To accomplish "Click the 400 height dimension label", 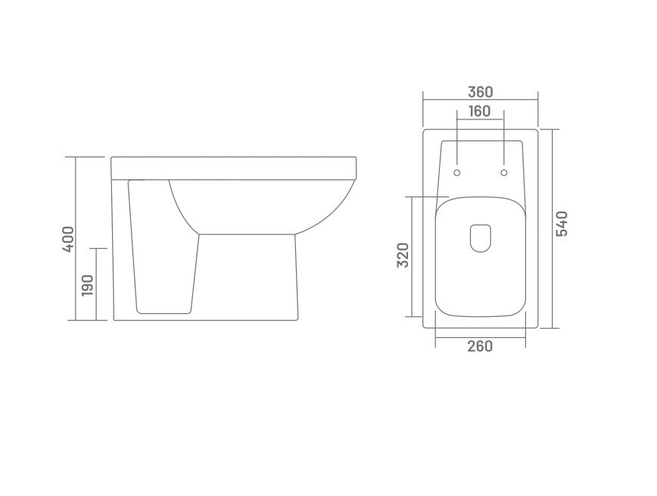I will click(69, 239).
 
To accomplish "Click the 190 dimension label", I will click(88, 285).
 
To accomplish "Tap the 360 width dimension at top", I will click(480, 91).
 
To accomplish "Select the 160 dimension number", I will click(479, 111).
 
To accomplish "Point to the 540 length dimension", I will click(562, 224).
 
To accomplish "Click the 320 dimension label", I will click(403, 255).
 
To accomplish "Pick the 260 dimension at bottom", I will click(480, 346).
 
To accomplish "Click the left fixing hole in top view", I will click(457, 173).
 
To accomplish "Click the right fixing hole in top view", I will click(504, 173).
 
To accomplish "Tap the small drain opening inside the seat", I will click(481, 238).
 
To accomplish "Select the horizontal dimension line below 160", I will click(480, 120).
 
